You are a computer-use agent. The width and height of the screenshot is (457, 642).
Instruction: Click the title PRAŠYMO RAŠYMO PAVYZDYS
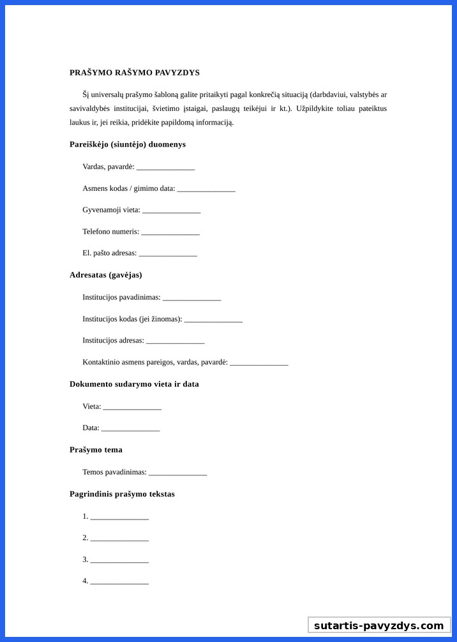point(135,73)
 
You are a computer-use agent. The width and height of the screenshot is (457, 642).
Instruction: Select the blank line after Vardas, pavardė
point(165,168)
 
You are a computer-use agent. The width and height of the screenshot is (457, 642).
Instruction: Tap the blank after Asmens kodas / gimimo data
point(206,190)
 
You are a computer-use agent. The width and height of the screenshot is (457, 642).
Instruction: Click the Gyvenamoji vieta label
point(111,210)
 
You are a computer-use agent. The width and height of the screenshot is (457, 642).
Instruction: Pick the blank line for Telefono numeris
point(170,232)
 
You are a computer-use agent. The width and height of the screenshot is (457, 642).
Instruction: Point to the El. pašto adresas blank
point(168,254)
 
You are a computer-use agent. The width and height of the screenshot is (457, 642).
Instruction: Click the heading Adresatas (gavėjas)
point(105,275)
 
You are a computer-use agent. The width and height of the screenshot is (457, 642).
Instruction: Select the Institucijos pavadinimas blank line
point(191,298)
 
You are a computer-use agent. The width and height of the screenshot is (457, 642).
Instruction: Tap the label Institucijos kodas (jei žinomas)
point(132,319)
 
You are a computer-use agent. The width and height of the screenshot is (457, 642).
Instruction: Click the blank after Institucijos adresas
point(176,341)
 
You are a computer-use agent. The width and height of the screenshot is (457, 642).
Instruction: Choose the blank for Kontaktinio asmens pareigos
point(259,363)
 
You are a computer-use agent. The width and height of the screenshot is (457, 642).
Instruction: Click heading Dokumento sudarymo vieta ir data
point(134,384)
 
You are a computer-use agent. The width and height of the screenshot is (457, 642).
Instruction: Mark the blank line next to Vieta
point(132,407)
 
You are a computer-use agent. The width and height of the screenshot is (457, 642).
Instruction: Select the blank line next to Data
point(130,429)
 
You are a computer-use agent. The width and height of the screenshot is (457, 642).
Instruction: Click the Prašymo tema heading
point(96,450)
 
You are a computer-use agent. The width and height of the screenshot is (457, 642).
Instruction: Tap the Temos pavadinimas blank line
point(177,474)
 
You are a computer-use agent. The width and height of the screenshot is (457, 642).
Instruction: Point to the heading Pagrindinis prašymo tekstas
point(122,494)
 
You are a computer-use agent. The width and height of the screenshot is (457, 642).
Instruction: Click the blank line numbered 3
point(119,560)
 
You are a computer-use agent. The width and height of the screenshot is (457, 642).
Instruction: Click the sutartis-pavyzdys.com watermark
point(378,625)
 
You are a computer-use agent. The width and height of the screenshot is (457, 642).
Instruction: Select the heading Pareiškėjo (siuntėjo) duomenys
point(128,144)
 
